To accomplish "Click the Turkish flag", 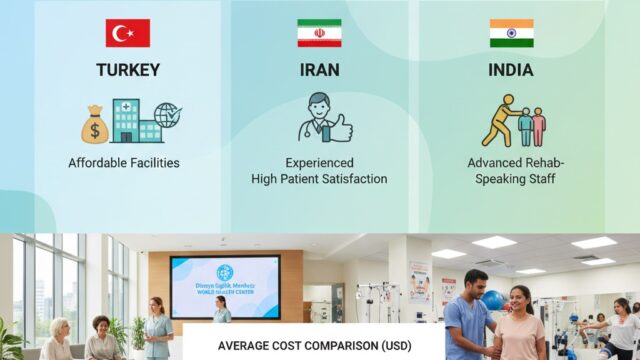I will [127, 33].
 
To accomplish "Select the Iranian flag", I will [319, 33].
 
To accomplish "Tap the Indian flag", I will [511, 33].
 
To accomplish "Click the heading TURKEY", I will [127, 72].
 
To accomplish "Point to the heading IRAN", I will [319, 72].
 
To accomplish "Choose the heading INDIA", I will [512, 72].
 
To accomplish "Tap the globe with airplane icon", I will [167, 115].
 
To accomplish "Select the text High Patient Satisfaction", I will [319, 179].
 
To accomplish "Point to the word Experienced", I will [319, 162].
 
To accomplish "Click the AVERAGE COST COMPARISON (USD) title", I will [313, 345].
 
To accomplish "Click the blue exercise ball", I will [492, 300].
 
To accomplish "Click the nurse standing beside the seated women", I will [158, 328].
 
